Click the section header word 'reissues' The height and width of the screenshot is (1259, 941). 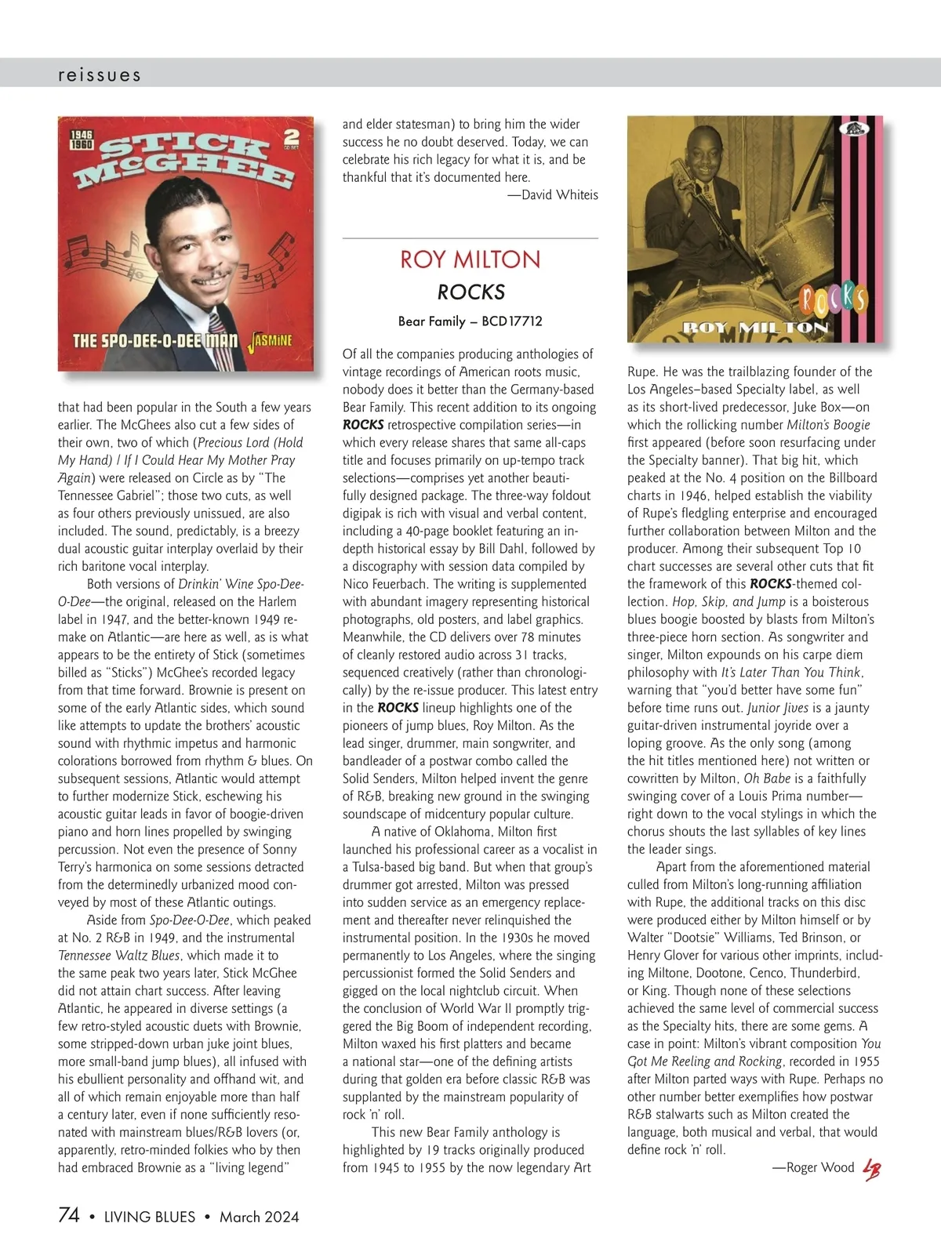point(100,75)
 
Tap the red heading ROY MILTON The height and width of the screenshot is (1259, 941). point(470,259)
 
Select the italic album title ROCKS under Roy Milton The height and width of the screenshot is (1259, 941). point(470,292)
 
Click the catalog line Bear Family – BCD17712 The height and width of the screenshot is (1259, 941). point(470,321)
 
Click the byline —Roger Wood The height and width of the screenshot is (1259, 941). point(813,1167)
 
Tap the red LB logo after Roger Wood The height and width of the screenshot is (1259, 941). point(871,1169)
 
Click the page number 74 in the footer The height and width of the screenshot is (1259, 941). point(69,1215)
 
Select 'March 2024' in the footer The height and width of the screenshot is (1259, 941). point(259,1217)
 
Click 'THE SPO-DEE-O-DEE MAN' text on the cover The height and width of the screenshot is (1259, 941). point(154,341)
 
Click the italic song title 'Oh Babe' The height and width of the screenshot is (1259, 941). point(761,778)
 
